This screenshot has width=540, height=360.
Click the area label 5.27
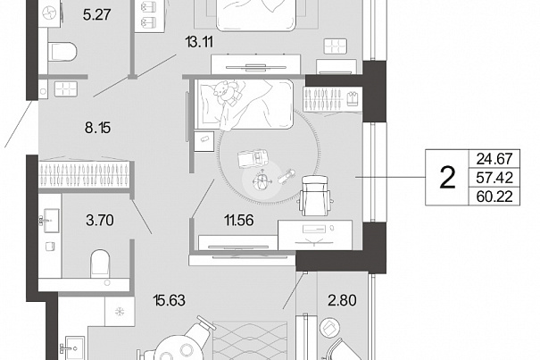tap(96, 15)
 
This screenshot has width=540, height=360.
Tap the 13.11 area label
tap(199, 42)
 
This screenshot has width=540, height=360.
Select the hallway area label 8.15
tap(98, 128)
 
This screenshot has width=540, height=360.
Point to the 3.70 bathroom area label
tap(100, 220)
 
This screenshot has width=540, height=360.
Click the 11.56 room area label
tap(239, 220)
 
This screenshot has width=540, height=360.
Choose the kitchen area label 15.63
tap(170, 300)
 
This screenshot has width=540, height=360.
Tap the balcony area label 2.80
tap(342, 300)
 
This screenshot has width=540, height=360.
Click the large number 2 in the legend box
tap(447, 178)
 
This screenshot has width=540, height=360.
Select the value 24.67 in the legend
tap(494, 159)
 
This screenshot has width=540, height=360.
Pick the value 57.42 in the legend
tap(494, 178)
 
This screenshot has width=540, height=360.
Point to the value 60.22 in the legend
tap(494, 197)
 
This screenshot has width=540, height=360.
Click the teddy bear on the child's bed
tap(226, 91)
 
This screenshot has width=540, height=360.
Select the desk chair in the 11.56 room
tap(315, 196)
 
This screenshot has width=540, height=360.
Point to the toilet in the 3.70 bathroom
tap(100, 264)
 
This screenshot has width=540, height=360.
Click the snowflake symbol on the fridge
tap(120, 312)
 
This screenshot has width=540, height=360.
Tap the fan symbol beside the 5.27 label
tap(50, 13)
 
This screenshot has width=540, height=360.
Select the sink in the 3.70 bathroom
tap(51, 221)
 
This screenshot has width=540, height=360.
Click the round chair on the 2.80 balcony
tap(330, 327)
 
